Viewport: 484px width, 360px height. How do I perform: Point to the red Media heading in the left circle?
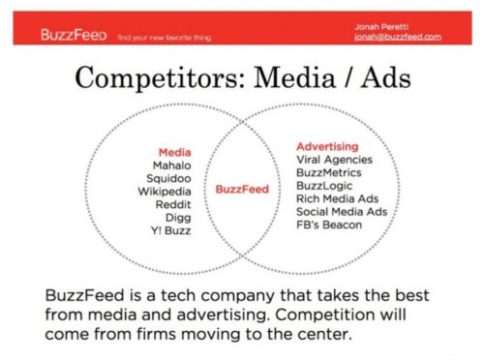click(174, 152)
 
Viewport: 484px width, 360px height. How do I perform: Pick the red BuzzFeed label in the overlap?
click(240, 190)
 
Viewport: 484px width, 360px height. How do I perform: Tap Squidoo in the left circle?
click(172, 178)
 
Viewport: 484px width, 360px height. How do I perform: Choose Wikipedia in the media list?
click(167, 192)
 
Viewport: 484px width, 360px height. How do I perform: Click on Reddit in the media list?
click(175, 205)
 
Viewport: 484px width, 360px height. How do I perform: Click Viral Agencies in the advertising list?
click(334, 159)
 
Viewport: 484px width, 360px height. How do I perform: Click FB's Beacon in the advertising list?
click(330, 225)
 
